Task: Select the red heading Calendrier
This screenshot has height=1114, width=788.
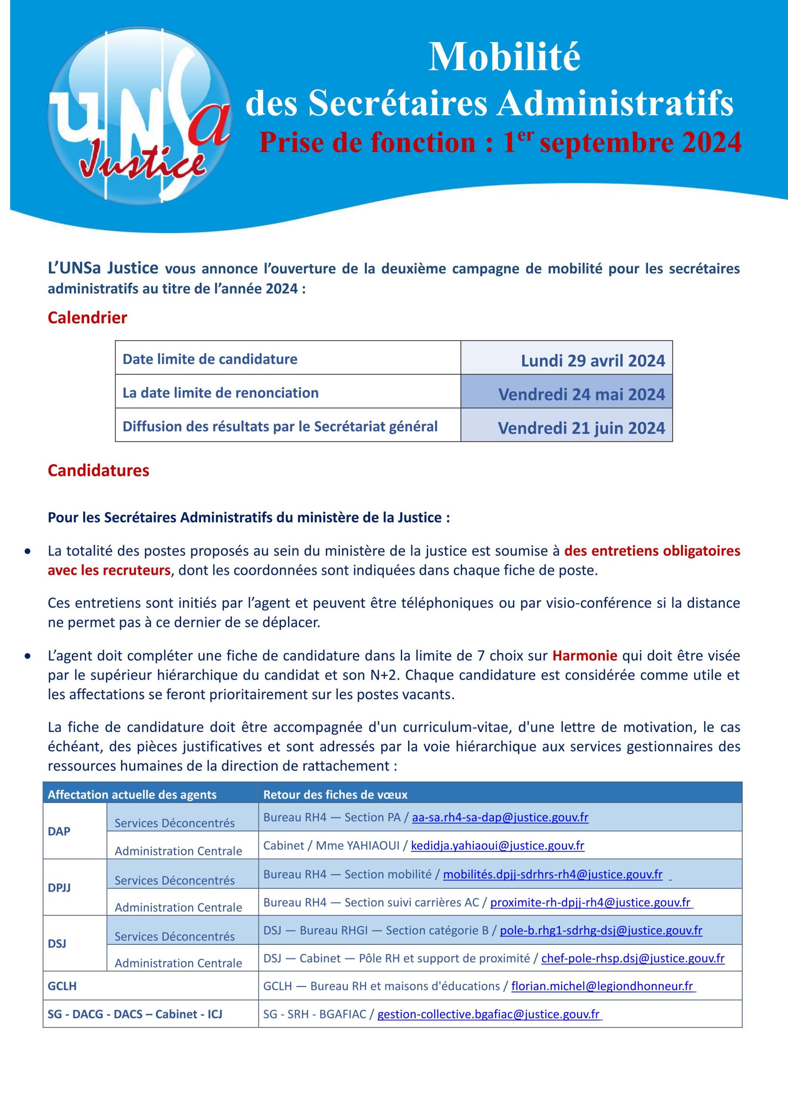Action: point(87,318)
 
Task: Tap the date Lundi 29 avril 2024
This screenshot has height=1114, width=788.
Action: point(593,360)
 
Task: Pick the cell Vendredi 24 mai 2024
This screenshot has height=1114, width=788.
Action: point(581,394)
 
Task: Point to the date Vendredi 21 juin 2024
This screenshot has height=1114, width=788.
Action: point(581,427)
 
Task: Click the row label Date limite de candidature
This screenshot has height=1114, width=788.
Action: point(210,359)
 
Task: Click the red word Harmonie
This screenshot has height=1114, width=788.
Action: point(585,655)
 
